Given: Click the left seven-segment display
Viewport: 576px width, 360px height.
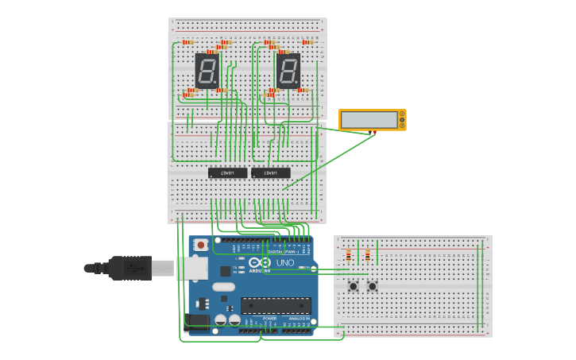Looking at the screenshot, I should click(x=207, y=71).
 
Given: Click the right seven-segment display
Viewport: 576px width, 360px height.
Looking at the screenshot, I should click(x=288, y=71).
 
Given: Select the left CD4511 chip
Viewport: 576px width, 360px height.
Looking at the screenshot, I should click(x=227, y=172).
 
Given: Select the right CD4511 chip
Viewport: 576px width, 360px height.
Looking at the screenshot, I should click(x=271, y=172).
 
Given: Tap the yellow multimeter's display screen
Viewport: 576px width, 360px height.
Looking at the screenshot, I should click(x=369, y=120).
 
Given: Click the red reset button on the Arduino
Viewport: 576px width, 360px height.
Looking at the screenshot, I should click(x=201, y=244).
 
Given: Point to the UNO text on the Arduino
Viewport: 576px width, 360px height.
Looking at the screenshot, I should click(x=284, y=263).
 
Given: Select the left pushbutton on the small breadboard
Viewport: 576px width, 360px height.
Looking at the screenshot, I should click(x=353, y=285).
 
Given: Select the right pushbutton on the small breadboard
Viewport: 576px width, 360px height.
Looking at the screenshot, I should click(x=372, y=285).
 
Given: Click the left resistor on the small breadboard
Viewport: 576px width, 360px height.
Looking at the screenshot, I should click(x=348, y=255).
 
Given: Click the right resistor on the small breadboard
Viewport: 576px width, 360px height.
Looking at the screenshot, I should click(x=367, y=255).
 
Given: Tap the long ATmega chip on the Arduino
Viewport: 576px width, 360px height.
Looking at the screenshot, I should click(x=275, y=305).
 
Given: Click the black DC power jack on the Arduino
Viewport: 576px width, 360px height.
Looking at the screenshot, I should click(x=197, y=320).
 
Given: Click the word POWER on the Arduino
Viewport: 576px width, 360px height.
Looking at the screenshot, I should click(x=269, y=318).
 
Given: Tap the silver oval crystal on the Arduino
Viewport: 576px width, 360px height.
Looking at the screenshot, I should click(x=223, y=287).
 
